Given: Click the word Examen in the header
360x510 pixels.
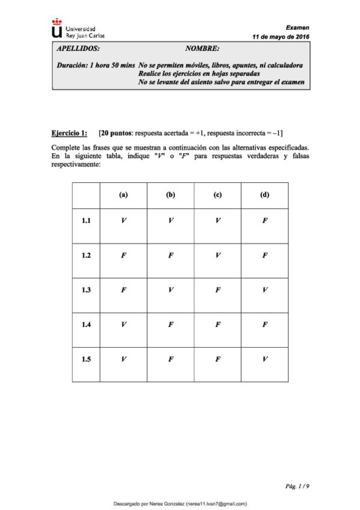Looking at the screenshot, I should point(297,27).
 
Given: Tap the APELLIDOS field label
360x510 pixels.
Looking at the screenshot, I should point(78,48).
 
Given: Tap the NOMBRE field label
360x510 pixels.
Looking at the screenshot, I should point(203,48).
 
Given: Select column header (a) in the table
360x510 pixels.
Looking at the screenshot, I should point(123,195).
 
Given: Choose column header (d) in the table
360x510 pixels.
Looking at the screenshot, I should point(264,195).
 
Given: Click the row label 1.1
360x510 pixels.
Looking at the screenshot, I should point(86,221).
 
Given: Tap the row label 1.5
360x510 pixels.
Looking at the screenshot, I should point(86,360).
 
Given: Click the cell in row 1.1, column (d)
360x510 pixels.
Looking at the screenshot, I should point(264,221).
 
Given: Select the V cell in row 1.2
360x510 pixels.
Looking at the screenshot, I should point(218,256).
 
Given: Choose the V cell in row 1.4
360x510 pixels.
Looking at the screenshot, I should point(123,325).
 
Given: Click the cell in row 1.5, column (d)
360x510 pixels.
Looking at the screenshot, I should point(264,360).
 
